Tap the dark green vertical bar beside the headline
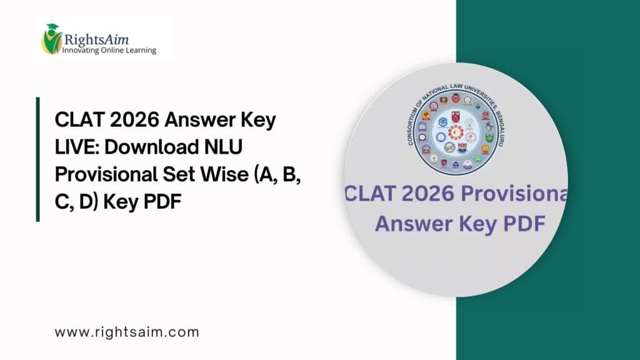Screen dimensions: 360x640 coord(38,159)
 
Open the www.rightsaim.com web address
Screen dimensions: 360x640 coord(127,332)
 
